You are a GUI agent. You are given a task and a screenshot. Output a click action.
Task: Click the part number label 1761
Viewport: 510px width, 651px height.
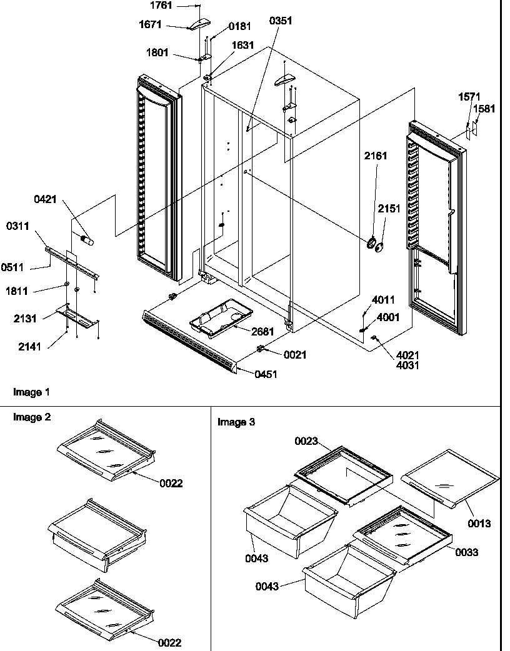[161, 5]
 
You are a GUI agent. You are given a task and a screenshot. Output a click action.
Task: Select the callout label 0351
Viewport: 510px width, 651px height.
[281, 21]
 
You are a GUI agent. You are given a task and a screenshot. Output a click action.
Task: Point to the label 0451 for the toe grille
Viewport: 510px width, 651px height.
[266, 374]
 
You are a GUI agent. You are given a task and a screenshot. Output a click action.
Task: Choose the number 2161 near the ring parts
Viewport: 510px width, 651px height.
[376, 156]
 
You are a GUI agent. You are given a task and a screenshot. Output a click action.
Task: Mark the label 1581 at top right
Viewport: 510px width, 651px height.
[484, 108]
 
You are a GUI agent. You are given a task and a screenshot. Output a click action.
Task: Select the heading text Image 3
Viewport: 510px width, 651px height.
[236, 422]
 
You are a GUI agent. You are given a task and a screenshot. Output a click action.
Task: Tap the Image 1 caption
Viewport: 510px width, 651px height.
[31, 392]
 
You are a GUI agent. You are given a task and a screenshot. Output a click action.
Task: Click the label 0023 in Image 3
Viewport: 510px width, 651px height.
[306, 442]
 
